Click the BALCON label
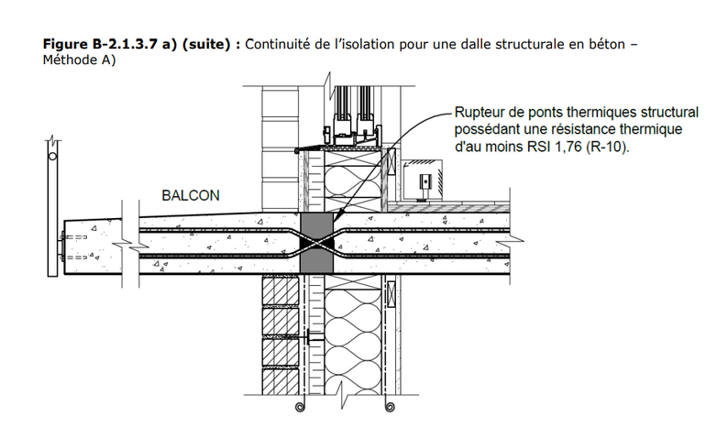click(190, 196)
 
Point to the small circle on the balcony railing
click(53, 157)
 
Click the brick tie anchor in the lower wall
click(313, 336)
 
